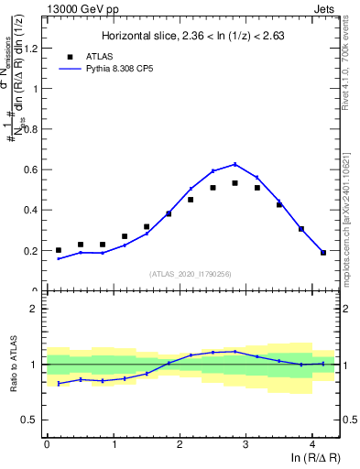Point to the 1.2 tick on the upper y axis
pyautogui.click(x=35, y=49)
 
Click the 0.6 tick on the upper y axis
pyautogui.click(x=35, y=169)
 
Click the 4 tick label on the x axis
pyautogui.click(x=312, y=443)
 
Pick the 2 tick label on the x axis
pyautogui.click(x=180, y=443)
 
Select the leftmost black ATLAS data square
pyautogui.click(x=59, y=250)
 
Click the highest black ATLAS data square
pyautogui.click(x=235, y=183)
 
